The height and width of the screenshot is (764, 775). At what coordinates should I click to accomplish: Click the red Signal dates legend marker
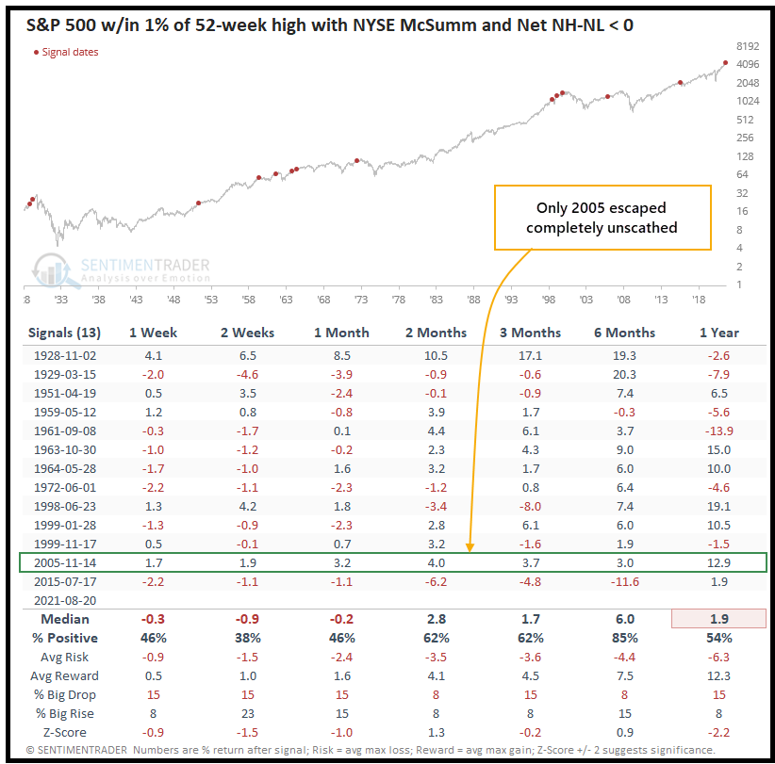36,52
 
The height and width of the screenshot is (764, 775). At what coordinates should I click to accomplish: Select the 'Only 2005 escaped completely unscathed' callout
602,217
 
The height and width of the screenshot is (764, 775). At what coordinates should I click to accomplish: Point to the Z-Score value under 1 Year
721,732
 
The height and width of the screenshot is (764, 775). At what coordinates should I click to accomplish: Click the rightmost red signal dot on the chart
725,63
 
